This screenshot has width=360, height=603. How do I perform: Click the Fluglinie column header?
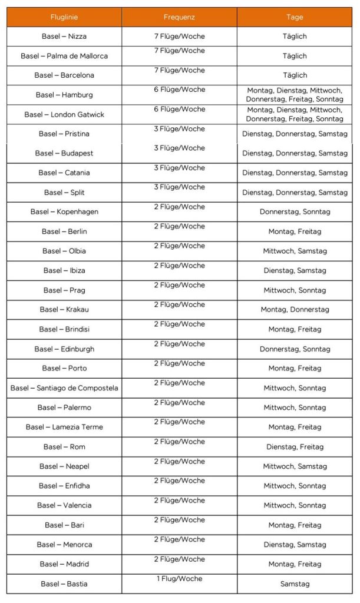click(64, 17)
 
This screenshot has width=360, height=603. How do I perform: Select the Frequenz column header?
click(180, 17)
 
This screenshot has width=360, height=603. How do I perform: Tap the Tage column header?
click(295, 17)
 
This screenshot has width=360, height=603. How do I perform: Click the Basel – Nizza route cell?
click(64, 37)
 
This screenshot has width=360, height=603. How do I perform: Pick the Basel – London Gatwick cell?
click(64, 114)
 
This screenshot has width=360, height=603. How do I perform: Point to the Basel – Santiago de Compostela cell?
click(64, 388)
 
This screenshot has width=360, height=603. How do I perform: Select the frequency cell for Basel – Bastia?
click(180, 579)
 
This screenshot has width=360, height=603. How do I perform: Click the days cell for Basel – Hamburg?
click(295, 95)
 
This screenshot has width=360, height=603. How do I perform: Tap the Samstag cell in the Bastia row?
click(295, 584)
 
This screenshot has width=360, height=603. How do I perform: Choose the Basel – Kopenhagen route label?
click(64, 212)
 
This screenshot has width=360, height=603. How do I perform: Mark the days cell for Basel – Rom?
click(295, 447)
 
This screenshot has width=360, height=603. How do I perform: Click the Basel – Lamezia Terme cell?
click(64, 427)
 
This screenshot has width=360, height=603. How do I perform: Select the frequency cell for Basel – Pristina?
click(180, 129)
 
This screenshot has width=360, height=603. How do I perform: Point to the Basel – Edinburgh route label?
click(64, 349)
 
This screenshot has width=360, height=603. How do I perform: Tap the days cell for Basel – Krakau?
click(295, 310)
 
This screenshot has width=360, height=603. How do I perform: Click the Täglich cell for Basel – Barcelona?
click(295, 75)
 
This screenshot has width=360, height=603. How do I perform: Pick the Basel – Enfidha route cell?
click(64, 486)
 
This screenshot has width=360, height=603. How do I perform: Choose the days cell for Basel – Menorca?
click(295, 545)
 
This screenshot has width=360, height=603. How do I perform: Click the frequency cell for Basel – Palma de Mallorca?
click(180, 51)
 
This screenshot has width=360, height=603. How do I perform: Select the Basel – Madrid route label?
click(64, 564)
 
